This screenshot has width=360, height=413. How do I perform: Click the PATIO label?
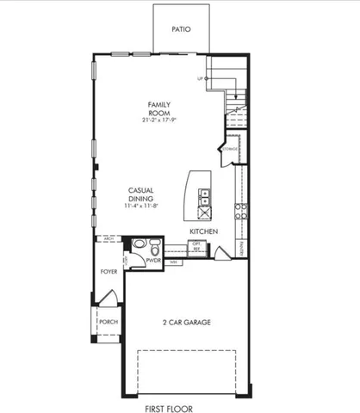(180, 28)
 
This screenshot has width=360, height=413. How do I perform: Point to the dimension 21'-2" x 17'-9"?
(158, 120)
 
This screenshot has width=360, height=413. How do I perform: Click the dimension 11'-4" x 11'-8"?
(140, 206)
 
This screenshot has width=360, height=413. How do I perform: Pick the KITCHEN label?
(203, 232)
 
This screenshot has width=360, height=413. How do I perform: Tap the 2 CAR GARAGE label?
(187, 323)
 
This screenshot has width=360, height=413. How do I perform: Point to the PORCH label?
(109, 322)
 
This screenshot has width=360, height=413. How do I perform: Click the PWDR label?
(154, 259)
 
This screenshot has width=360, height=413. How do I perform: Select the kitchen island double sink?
(205, 198)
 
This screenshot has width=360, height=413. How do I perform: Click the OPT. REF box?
(196, 246)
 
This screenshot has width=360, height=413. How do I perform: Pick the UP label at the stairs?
(201, 78)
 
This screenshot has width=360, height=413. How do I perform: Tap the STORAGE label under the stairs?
(229, 149)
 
